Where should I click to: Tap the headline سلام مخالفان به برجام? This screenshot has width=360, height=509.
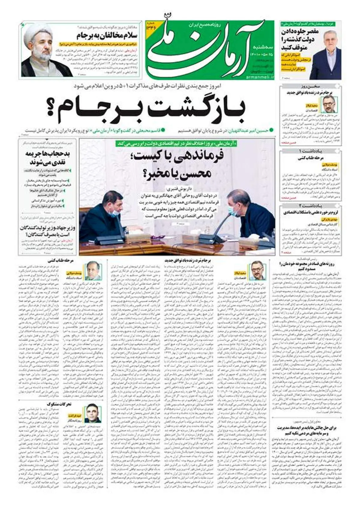107,36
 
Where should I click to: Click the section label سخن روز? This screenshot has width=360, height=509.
310,87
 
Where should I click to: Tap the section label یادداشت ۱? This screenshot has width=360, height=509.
310,150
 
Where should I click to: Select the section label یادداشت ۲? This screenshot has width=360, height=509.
310,205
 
